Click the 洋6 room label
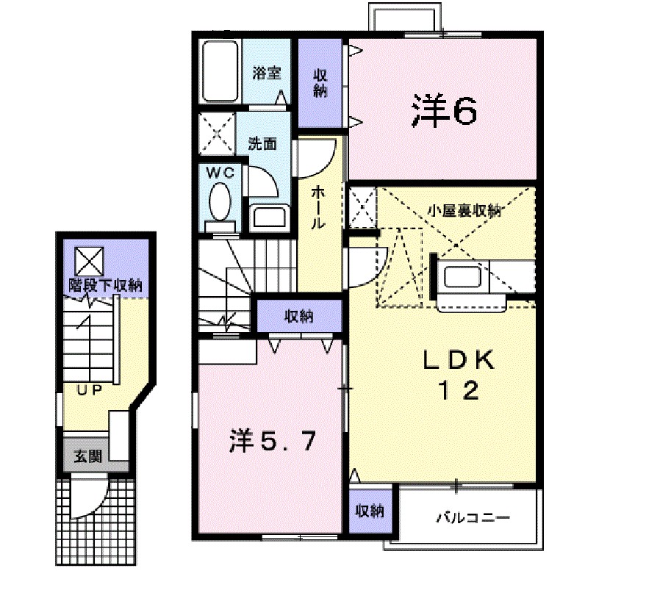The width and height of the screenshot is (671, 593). coord(444,110)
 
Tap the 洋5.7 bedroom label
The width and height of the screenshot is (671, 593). coord(273,442)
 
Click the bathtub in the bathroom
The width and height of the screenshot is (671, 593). coord(219,71)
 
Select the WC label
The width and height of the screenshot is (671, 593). coord(218,173)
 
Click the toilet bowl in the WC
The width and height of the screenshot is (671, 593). coord(219,201)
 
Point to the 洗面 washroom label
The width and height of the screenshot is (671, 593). coord(262,143)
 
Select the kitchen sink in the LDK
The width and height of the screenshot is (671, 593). coord(462,278)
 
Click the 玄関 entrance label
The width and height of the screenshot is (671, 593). coord(87,456)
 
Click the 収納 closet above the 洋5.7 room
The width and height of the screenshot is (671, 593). coord(299,317)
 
